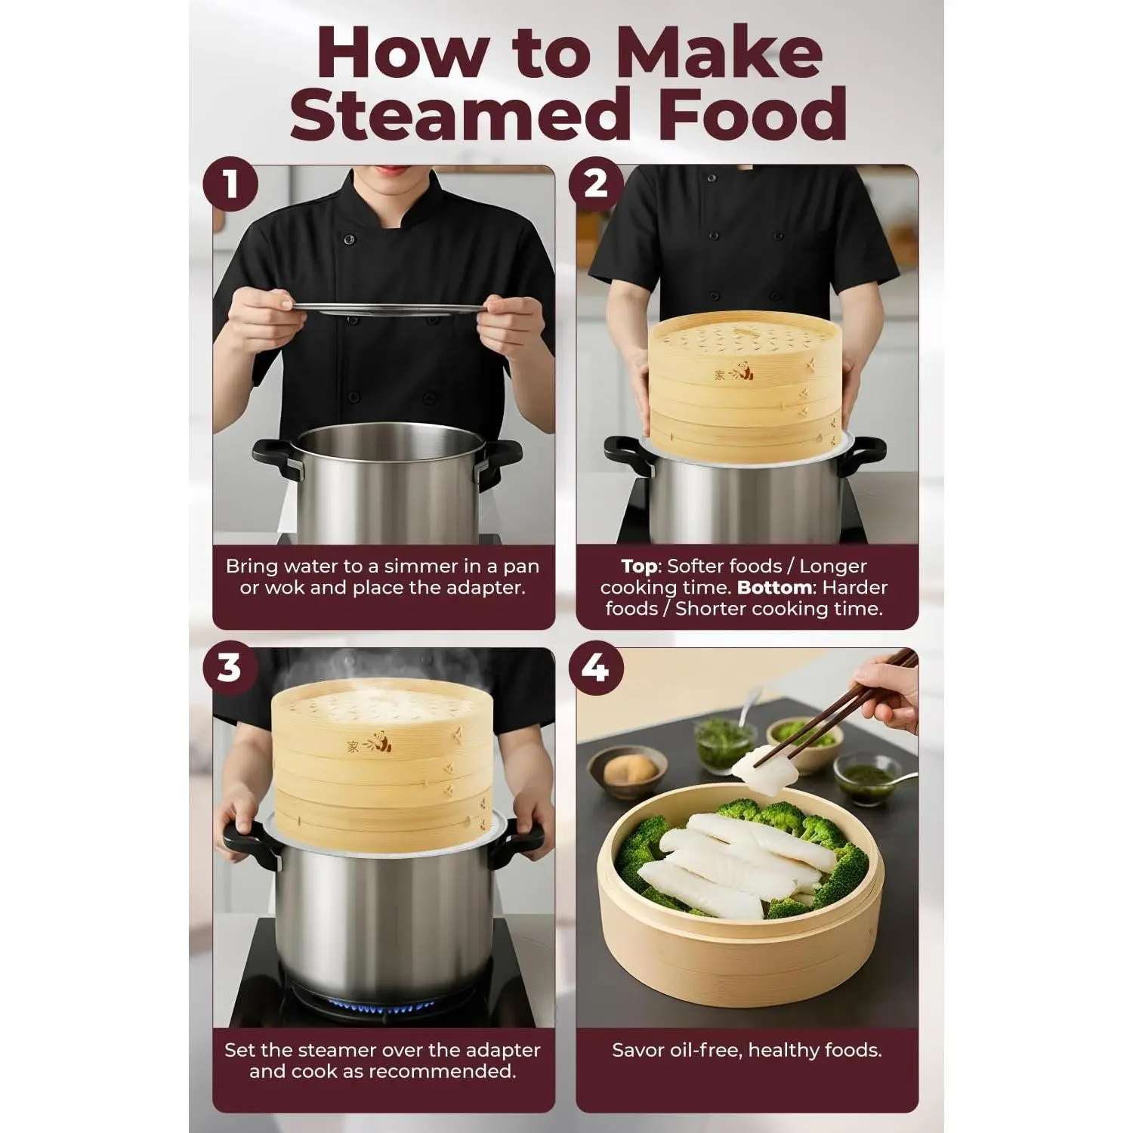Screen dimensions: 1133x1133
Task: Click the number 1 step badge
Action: click(231, 184)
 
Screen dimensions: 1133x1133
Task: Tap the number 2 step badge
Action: click(596, 184)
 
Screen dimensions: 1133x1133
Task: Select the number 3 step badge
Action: click(230, 667)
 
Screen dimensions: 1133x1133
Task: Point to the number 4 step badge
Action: click(596, 667)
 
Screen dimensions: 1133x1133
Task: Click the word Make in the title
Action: click(721, 51)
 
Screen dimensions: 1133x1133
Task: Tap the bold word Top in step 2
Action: click(639, 566)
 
